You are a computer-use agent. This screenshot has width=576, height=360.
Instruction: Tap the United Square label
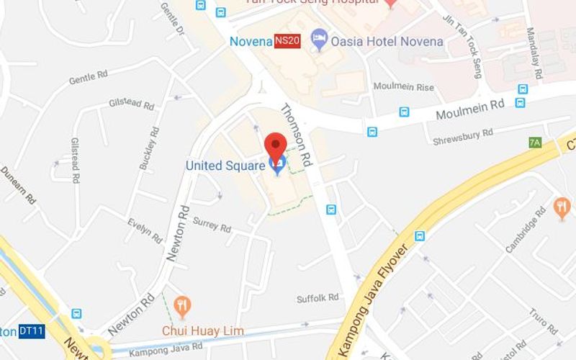coord(225,165)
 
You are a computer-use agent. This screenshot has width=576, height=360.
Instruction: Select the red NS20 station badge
coord(287,42)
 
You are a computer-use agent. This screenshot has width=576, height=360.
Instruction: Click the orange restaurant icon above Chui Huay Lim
coord(183,306)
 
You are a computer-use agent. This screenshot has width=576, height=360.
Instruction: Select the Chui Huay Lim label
coord(203,331)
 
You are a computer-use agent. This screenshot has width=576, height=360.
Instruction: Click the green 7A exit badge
coord(534,143)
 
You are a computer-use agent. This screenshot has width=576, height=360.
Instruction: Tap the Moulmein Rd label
coord(470,109)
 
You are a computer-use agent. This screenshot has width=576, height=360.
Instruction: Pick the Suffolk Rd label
coord(318,297)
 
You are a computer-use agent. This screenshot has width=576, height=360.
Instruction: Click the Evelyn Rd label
coord(145,229)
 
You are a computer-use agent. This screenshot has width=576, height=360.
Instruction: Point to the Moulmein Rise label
coord(403,86)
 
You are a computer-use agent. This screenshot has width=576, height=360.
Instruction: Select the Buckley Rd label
coord(148,148)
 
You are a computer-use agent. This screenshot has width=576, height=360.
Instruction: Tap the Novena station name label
coord(251,41)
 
